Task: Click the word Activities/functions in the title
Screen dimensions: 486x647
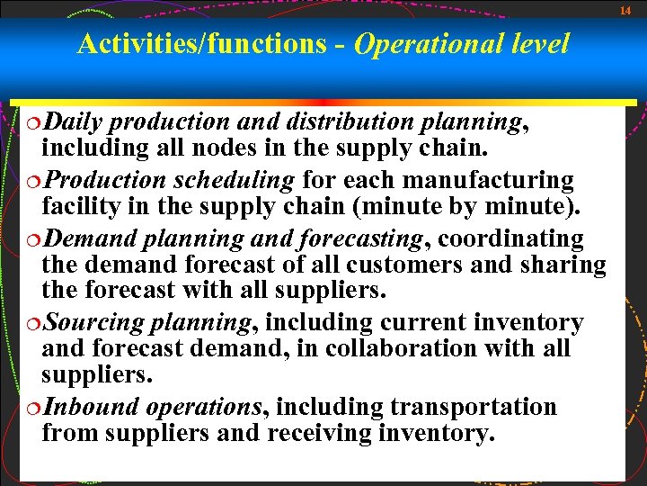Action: pyautogui.click(x=201, y=43)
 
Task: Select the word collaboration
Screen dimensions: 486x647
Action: pyautogui.click(x=422, y=347)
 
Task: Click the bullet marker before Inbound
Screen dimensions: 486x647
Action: pyautogui.click(x=34, y=408)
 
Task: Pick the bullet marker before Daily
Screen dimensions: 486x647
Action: pyautogui.click(x=34, y=122)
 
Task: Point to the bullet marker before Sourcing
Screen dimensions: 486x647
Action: pyautogui.click(x=34, y=323)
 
